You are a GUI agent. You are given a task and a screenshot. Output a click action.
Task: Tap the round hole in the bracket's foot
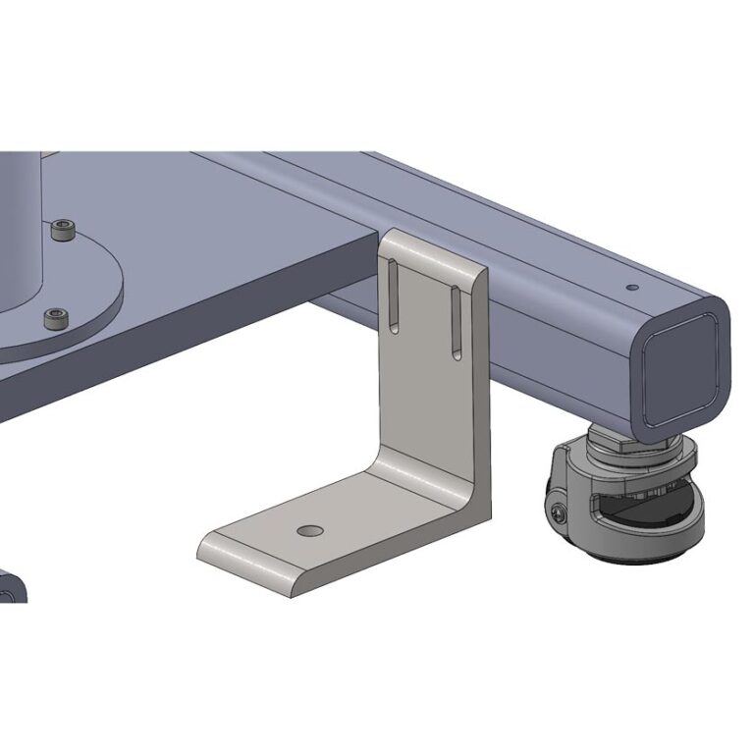[x=310, y=530]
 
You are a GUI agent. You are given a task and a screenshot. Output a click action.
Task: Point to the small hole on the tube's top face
[x=631, y=288]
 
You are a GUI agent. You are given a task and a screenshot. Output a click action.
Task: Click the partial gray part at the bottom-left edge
[x=12, y=587]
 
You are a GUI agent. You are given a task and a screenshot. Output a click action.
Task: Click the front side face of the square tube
[x=560, y=363]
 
